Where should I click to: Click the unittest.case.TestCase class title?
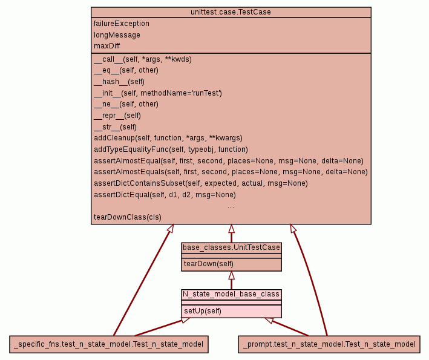pos(231,12)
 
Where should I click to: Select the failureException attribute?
pos(122,24)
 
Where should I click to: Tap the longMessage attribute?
pos(117,34)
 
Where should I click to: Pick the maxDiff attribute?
pos(107,45)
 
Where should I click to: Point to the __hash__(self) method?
pos(119,82)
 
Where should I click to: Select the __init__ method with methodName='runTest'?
pos(158,93)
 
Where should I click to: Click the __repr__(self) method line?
pos(117,116)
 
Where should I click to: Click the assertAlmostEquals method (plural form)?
pos(231,172)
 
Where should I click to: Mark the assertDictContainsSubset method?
pos(192,183)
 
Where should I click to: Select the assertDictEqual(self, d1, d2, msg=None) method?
pos(165,195)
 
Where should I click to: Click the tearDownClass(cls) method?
pos(128,217)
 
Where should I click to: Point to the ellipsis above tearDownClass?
pos(231,206)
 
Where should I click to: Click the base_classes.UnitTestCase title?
pos(231,247)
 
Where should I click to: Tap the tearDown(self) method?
pos(209,264)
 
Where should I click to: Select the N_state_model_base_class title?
pos(231,294)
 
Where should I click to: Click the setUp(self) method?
pos(203,311)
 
